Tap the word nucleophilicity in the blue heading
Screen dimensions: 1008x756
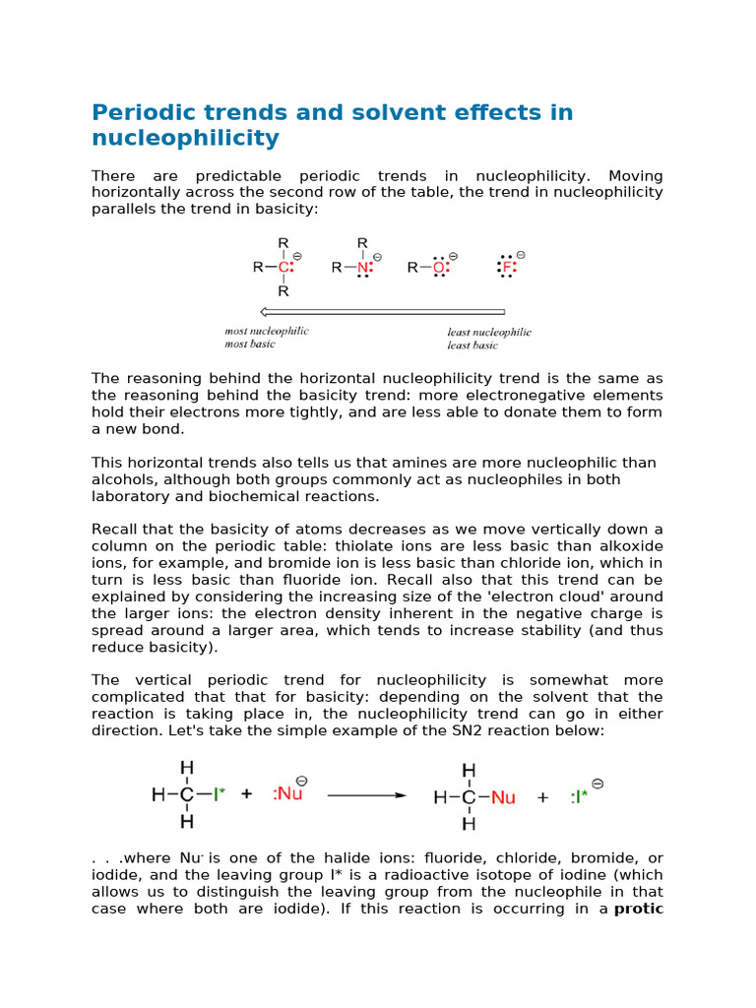coord(185,139)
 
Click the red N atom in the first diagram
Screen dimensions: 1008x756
coord(362,267)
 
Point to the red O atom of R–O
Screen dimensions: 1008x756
coord(439,267)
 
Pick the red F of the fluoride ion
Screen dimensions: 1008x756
coord(507,267)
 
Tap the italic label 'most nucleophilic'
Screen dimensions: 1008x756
coord(266,332)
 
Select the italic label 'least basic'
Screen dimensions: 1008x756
coord(472,346)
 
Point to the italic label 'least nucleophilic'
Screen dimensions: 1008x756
coord(489,333)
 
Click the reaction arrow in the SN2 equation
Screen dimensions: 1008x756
coord(366,795)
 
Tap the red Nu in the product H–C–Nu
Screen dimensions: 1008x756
coord(502,797)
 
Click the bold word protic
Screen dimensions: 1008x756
coord(638,909)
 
